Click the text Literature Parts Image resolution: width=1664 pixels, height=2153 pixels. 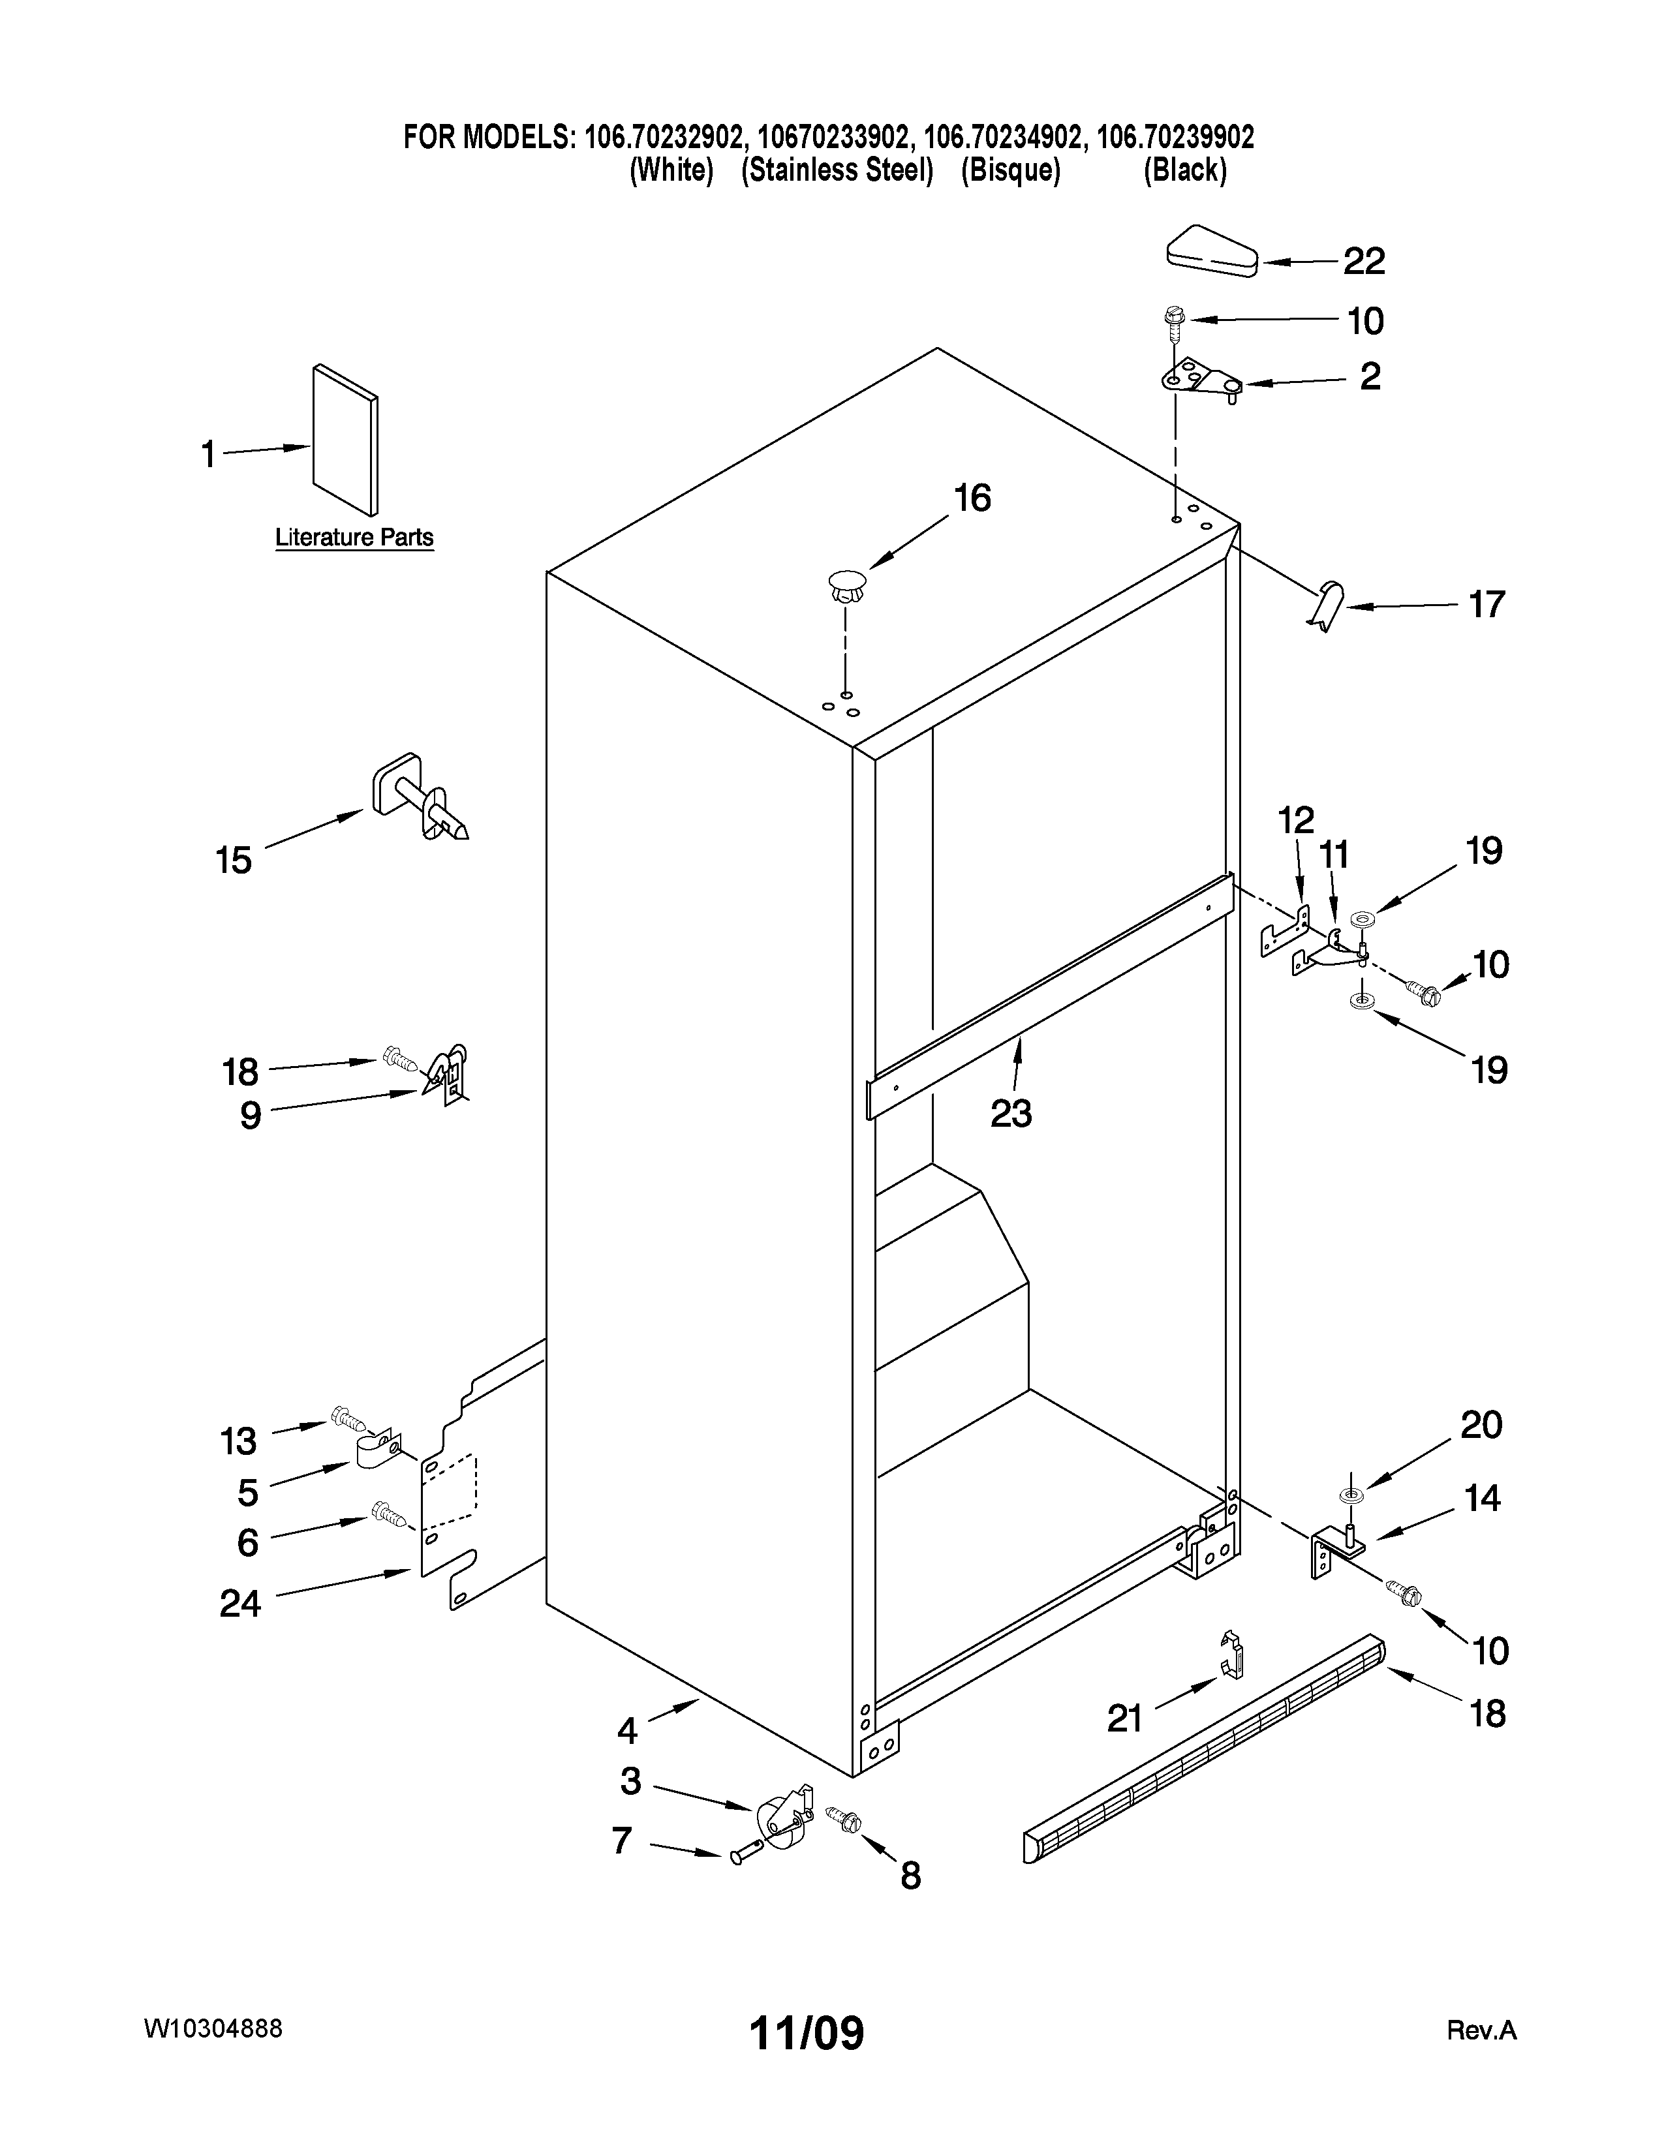pyautogui.click(x=354, y=537)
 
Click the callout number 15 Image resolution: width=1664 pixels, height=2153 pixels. pyautogui.click(x=234, y=861)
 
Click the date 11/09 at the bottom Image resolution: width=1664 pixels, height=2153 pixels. pyautogui.click(x=807, y=2033)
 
